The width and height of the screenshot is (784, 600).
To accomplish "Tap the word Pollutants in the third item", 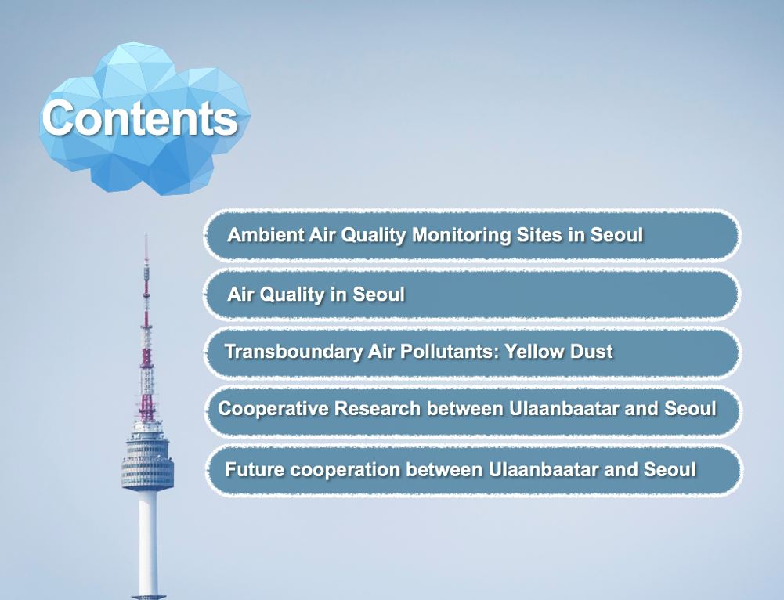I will (x=443, y=351).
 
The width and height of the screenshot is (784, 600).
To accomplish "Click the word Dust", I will (x=592, y=351).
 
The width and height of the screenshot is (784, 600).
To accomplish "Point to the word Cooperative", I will (x=269, y=409).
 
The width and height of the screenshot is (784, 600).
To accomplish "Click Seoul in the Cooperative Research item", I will (x=690, y=409).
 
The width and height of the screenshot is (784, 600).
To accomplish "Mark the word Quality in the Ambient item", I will (x=374, y=235).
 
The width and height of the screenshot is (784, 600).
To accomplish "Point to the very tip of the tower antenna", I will (x=146, y=234).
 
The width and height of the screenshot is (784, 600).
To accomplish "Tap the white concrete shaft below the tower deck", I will (x=147, y=540).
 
